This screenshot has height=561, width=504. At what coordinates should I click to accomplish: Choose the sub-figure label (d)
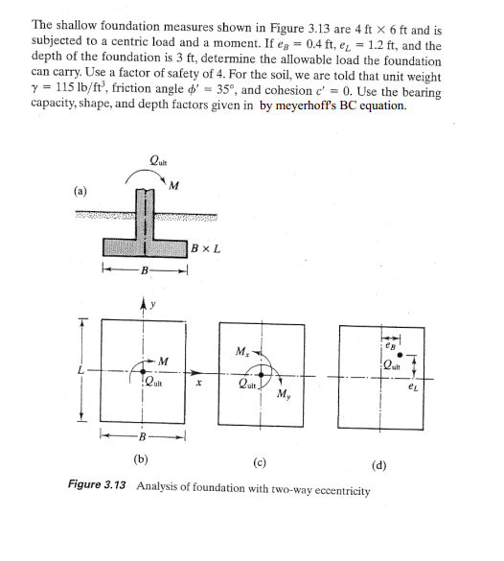click(378, 466)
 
